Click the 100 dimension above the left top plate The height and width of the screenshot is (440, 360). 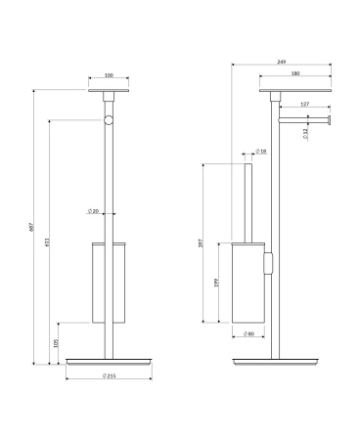pos(108,74)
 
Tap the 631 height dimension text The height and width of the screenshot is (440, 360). pos(48,243)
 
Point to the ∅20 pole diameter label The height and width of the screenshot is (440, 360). pos(92,212)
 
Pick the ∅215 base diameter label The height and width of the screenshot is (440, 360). pos(109,376)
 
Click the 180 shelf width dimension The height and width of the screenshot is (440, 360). pos(295,74)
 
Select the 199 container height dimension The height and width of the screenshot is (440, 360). pos(216,283)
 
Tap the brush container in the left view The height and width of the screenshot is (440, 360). pos(109,282)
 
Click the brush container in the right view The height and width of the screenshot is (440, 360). pos(248,284)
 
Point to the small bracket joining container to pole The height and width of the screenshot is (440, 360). pos(268,265)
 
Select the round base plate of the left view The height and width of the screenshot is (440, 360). pos(109,361)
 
